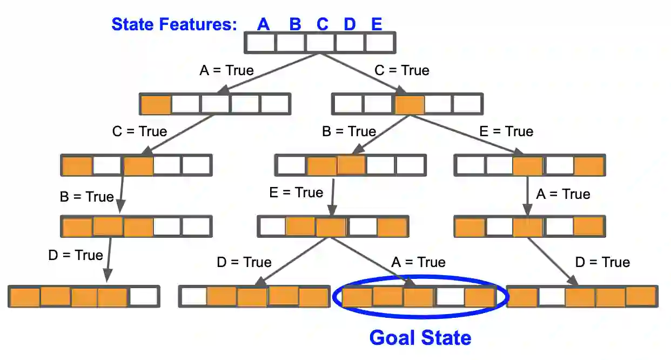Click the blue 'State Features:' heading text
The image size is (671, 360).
[174, 24]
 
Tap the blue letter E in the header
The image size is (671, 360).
[377, 24]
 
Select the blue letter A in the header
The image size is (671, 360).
[263, 24]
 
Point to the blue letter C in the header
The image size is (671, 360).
[322, 24]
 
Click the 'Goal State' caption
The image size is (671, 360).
[420, 338]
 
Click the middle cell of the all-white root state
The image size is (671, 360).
[320, 43]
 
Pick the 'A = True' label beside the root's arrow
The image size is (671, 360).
[226, 70]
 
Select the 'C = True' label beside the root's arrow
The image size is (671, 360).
[402, 70]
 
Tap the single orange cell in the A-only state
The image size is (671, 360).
[156, 104]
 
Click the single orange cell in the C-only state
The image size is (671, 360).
[410, 104]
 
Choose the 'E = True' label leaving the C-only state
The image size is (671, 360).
[506, 131]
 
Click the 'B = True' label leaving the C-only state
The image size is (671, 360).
[348, 131]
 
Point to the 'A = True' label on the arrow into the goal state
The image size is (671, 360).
[418, 262]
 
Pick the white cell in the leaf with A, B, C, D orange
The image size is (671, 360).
[143, 297]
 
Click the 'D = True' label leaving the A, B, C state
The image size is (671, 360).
[75, 255]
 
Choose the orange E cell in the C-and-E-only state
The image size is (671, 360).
[588, 165]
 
